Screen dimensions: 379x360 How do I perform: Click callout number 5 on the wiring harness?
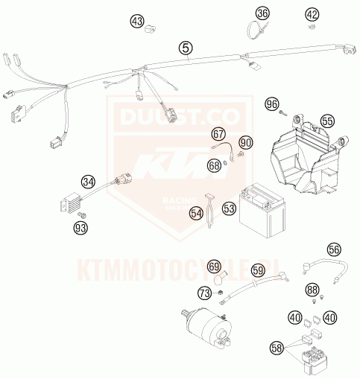(186, 48)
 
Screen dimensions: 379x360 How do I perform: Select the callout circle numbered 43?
(137, 22)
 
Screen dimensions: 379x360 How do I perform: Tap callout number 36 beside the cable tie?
(262, 13)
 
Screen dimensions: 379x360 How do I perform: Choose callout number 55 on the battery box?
(327, 121)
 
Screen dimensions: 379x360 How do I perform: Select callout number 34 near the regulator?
(89, 181)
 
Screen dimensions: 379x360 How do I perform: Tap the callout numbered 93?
(80, 227)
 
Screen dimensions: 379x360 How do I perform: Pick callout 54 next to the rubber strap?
(196, 212)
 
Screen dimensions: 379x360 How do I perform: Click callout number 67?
(218, 135)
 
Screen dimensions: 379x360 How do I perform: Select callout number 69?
(214, 266)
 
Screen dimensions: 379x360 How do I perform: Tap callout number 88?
(313, 290)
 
